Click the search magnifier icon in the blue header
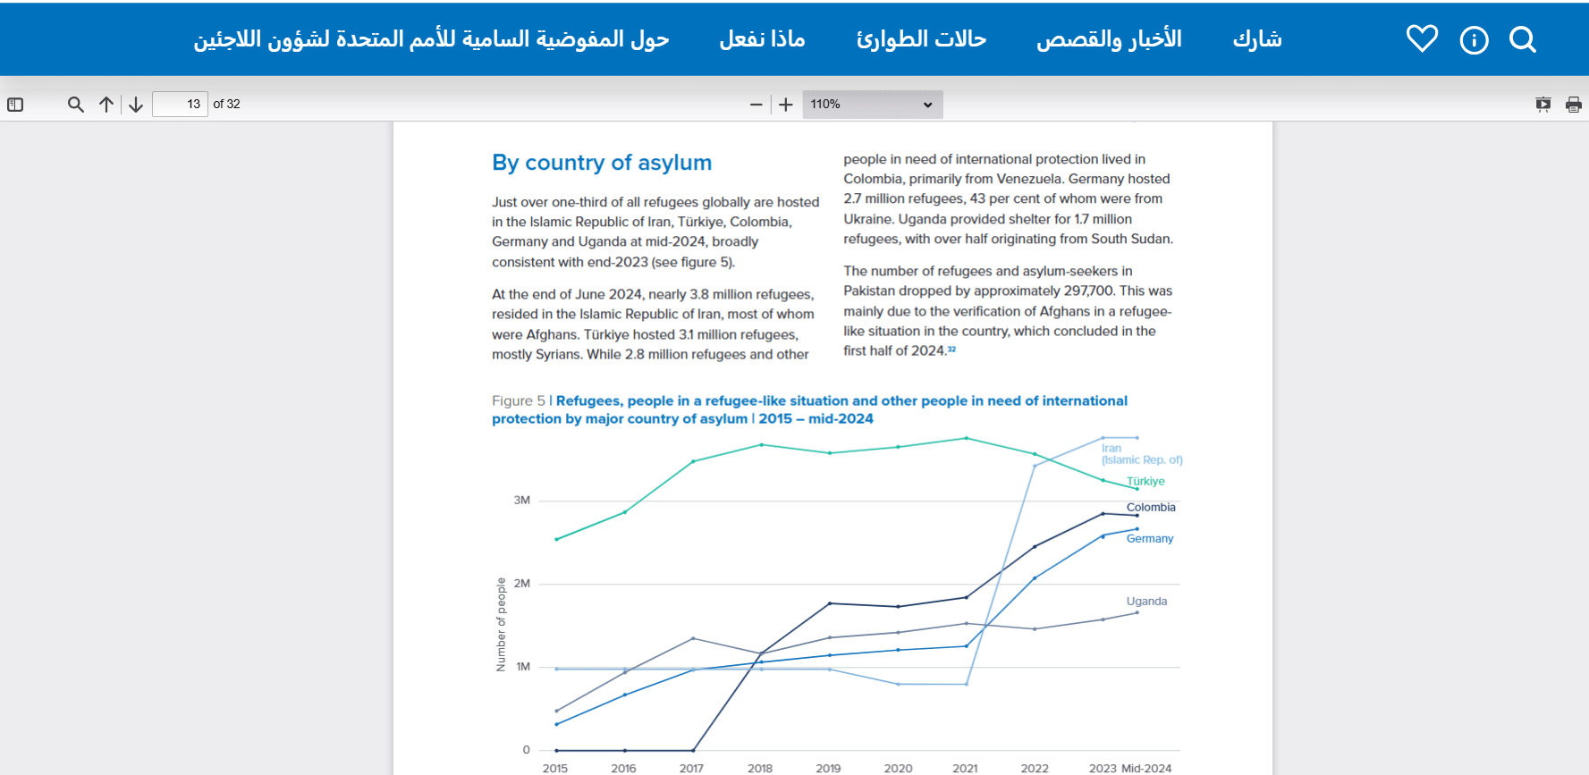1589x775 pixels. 1522,39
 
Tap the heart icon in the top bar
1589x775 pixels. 1422,38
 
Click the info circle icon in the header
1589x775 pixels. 1474,40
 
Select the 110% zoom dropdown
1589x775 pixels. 872,105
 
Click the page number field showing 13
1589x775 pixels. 180,105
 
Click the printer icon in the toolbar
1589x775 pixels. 1573,105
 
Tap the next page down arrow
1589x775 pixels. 136,105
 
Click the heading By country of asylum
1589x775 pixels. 602,163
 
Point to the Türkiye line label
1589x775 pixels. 1145,481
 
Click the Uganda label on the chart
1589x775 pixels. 1146,602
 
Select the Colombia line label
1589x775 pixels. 1151,507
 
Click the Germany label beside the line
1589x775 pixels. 1150,538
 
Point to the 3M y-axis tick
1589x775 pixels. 522,501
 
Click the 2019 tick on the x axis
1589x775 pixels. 828,768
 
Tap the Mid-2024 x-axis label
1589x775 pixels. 1146,768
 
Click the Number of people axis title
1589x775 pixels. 501,624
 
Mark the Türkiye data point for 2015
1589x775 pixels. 556,539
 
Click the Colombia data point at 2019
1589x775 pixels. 830,603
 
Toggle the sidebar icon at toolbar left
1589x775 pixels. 15,105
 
